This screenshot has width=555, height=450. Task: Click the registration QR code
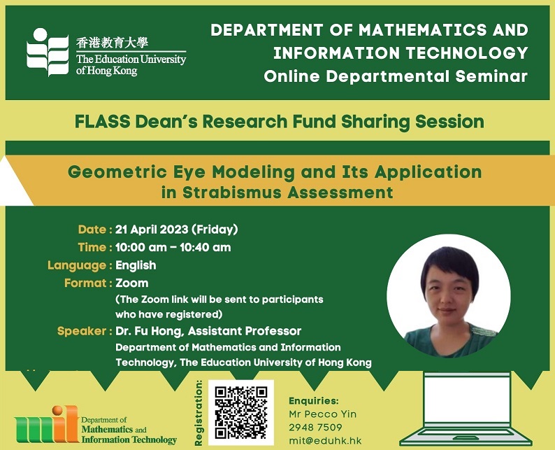pyautogui.click(x=240, y=412)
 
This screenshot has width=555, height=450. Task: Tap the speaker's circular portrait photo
pyautogui.click(x=449, y=296)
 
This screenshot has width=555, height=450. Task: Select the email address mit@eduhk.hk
pyautogui.click(x=325, y=441)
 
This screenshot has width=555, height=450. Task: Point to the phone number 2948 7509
pyautogui.click(x=315, y=428)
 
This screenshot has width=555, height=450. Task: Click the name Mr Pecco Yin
pyautogui.click(x=322, y=414)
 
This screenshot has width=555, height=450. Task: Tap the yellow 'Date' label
pyautogui.click(x=92, y=230)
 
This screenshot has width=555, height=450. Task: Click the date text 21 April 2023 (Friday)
pyautogui.click(x=176, y=230)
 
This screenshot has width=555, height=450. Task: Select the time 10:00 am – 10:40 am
pyautogui.click(x=173, y=247)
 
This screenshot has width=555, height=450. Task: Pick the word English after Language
pyautogui.click(x=136, y=265)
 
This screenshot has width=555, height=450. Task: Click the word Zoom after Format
pyautogui.click(x=131, y=283)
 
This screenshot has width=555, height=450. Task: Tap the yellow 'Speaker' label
pyautogui.click(x=81, y=331)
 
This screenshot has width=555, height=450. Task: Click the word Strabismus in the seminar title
pyautogui.click(x=232, y=192)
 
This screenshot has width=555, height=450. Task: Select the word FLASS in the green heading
pyautogui.click(x=102, y=122)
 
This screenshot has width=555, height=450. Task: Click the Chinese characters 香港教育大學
pyautogui.click(x=112, y=43)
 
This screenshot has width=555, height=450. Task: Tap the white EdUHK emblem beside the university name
pyautogui.click(x=48, y=52)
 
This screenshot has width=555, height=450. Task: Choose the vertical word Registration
pyautogui.click(x=199, y=413)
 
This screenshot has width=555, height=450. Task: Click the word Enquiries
pyautogui.click(x=314, y=401)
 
